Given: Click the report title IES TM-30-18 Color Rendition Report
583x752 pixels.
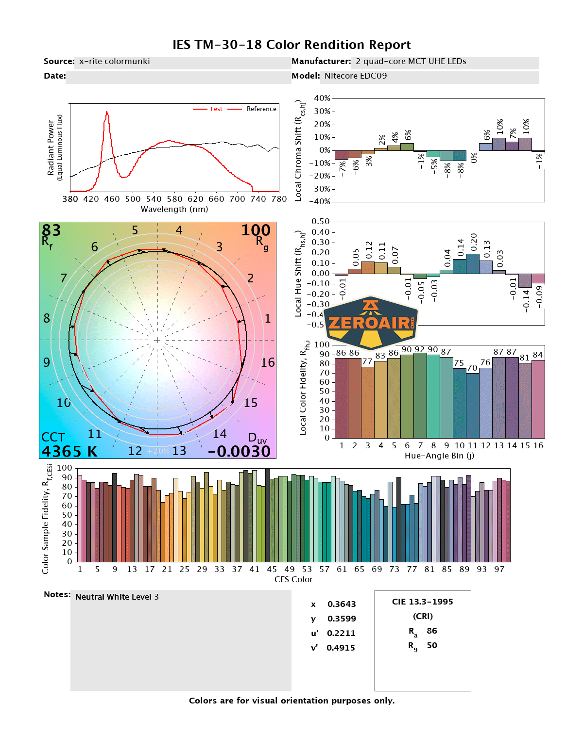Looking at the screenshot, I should [291, 45].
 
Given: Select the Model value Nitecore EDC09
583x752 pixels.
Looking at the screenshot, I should [355, 76].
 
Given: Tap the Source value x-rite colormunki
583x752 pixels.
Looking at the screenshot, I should [114, 61].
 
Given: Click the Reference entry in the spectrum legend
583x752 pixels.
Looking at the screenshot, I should [261, 109].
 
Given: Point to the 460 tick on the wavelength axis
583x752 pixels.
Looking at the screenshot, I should [112, 199].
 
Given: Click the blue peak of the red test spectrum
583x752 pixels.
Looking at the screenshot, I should [107, 113].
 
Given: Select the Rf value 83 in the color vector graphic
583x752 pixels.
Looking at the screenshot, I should [51, 230].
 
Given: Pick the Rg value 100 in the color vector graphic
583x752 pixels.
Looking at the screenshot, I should [256, 230].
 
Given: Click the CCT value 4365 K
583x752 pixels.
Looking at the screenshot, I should [69, 451].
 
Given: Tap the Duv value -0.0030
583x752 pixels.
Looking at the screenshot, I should [239, 451].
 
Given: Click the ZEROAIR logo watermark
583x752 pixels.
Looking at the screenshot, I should [371, 323].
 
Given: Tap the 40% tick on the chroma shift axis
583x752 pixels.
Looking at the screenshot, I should [322, 98].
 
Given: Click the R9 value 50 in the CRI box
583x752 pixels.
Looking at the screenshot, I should [432, 645].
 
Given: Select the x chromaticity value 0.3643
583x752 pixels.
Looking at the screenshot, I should [342, 604].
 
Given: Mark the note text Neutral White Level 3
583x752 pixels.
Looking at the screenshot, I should [117, 597].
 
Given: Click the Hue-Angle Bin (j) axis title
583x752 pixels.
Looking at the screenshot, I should [439, 456].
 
